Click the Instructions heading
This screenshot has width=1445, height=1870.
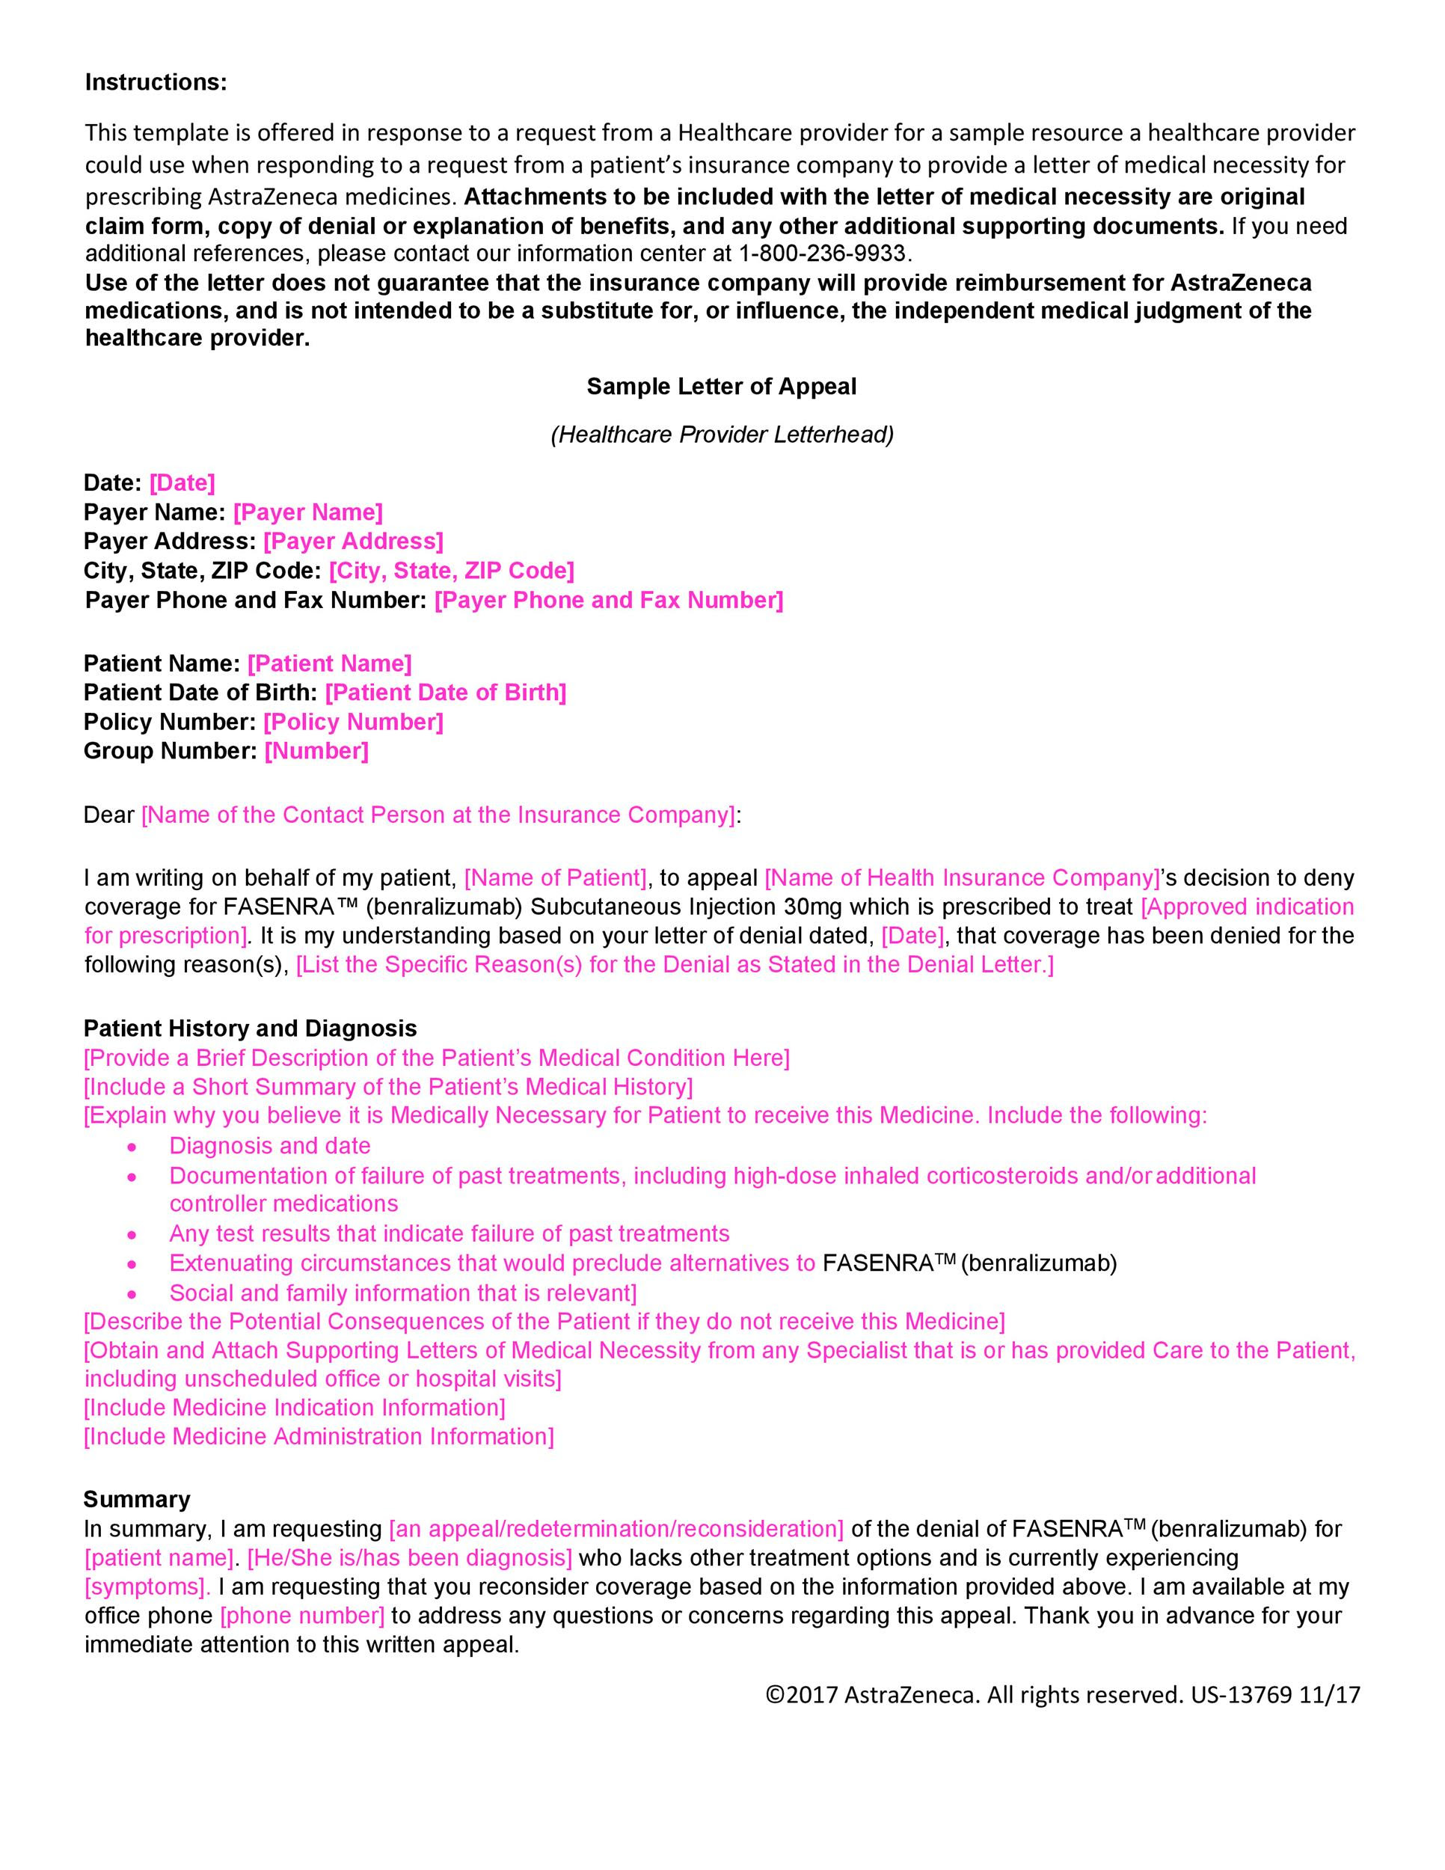pyautogui.click(x=156, y=82)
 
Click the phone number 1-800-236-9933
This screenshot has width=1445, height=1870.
pyautogui.click(x=822, y=254)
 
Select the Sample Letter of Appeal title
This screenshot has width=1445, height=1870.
pyautogui.click(x=721, y=387)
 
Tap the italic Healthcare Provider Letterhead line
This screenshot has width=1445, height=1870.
pyautogui.click(x=722, y=435)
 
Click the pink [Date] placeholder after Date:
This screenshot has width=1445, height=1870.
pyautogui.click(x=182, y=483)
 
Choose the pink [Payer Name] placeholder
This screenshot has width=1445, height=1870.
pyautogui.click(x=308, y=512)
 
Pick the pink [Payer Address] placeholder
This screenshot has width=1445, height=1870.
pyautogui.click(x=354, y=541)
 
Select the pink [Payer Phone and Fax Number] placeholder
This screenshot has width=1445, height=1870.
pyautogui.click(x=609, y=600)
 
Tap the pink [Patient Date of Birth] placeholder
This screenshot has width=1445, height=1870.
pyautogui.click(x=446, y=693)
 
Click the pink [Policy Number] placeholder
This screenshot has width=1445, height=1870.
pyautogui.click(x=354, y=722)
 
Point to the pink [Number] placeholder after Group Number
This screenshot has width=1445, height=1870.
pyautogui.click(x=316, y=751)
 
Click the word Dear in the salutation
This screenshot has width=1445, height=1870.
pyautogui.click(x=108, y=815)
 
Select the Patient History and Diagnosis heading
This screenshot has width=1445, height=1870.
pyautogui.click(x=251, y=1028)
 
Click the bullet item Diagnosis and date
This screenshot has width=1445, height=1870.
pyautogui.click(x=270, y=1146)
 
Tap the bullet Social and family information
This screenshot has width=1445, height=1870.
pyautogui.click(x=402, y=1292)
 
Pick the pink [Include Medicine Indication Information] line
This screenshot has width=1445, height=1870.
pyautogui.click(x=295, y=1408)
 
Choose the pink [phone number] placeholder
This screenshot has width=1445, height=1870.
pyautogui.click(x=303, y=1616)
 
